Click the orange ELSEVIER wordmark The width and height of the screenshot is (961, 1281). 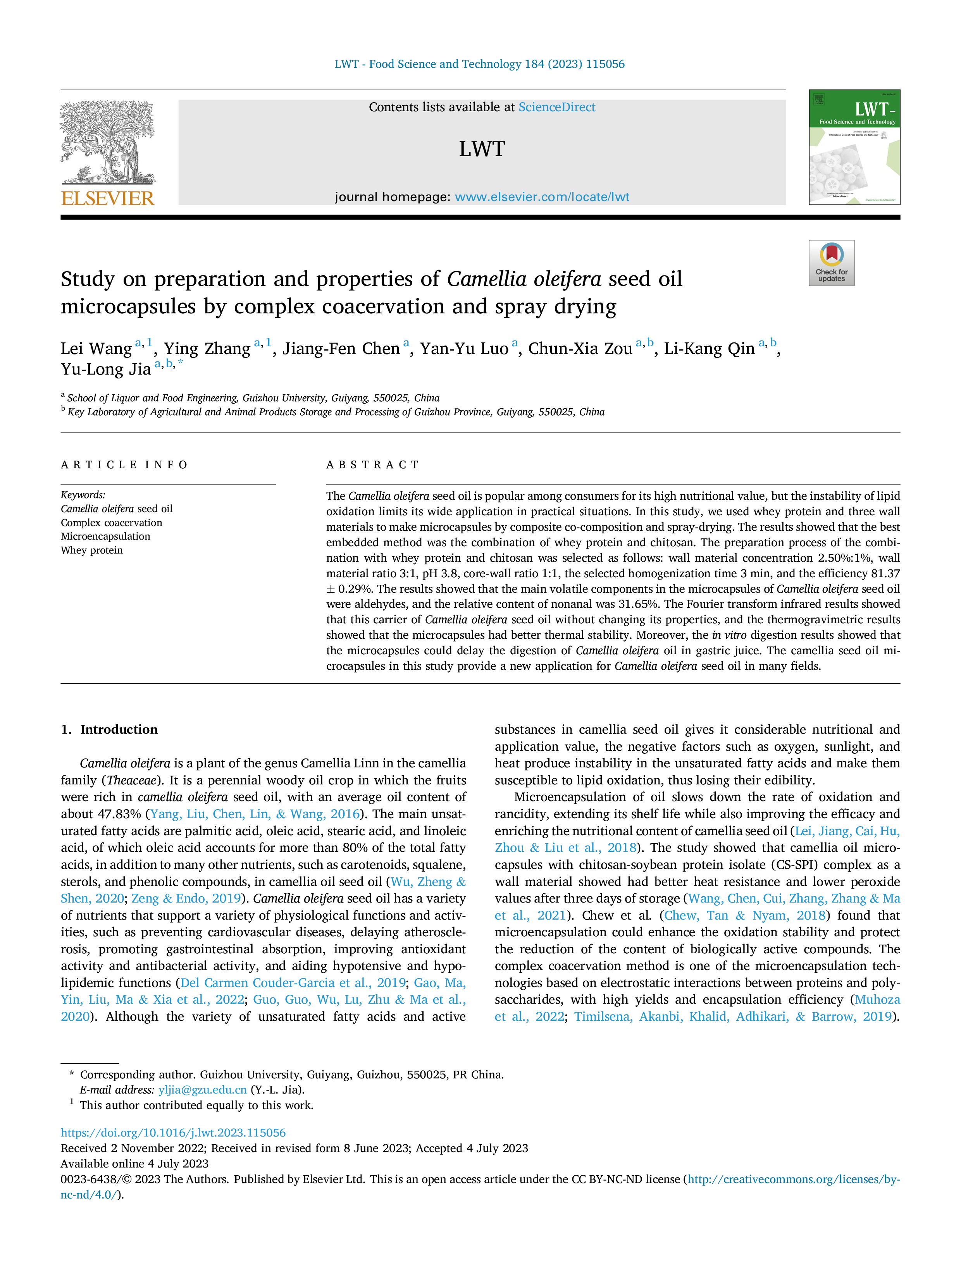[108, 199]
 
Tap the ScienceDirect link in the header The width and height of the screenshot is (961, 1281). [557, 107]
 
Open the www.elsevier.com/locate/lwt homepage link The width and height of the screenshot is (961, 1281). [542, 197]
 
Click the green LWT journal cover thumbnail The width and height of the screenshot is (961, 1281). [854, 147]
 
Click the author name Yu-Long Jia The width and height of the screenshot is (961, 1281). [106, 370]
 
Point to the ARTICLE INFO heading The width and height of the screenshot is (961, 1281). [124, 464]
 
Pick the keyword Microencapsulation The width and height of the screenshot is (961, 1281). [105, 536]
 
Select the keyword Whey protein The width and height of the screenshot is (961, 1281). [91, 550]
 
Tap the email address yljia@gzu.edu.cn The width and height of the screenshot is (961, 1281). [203, 1089]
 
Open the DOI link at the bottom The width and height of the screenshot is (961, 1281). [173, 1132]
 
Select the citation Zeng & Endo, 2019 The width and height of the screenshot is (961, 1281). [186, 898]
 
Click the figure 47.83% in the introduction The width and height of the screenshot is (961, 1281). [119, 814]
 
